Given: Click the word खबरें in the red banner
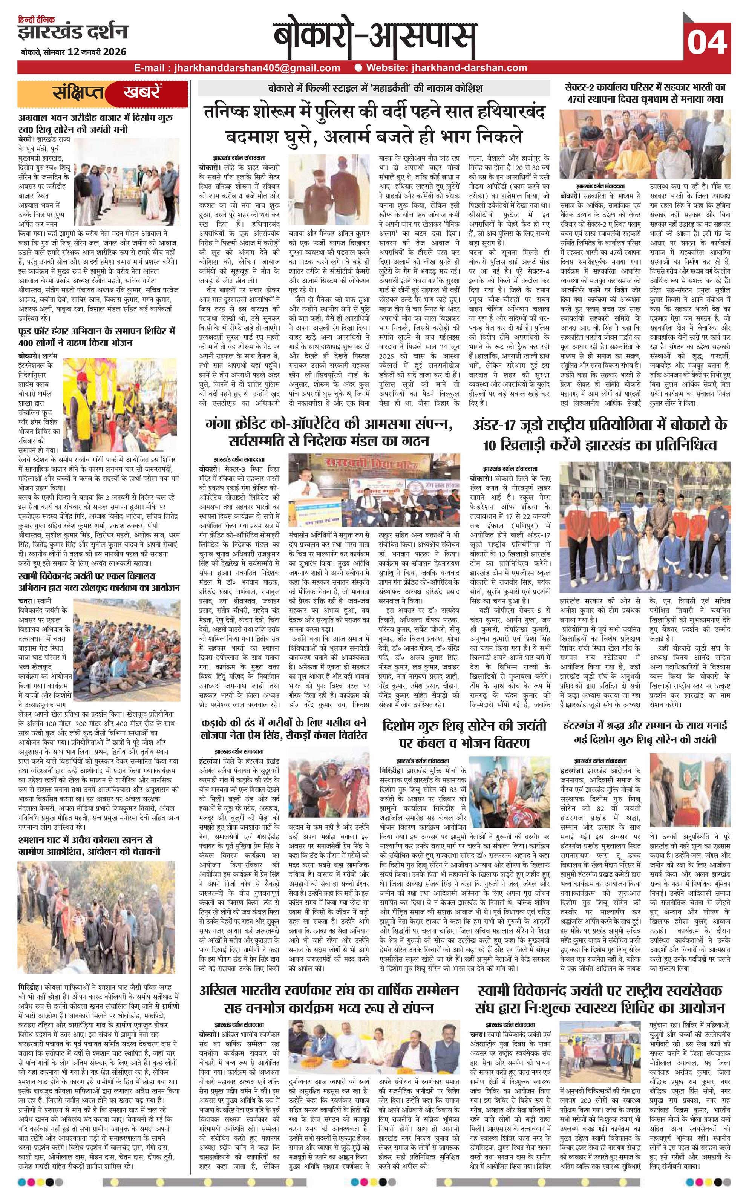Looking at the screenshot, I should click(142, 93).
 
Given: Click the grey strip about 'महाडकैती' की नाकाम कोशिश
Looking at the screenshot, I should click(374, 89).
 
